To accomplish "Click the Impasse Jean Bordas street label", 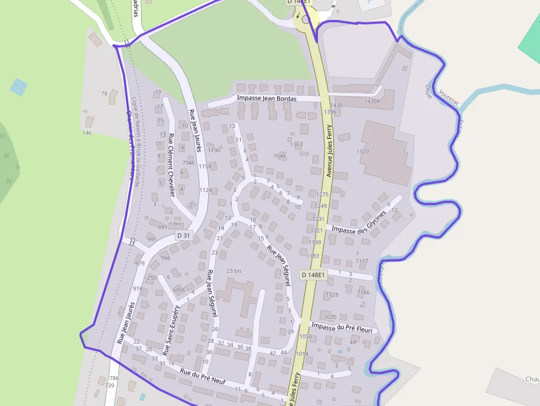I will (x=267, y=99).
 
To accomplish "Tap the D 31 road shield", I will (x=183, y=236).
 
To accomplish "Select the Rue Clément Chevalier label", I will (x=171, y=165).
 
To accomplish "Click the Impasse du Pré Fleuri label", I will (x=342, y=328).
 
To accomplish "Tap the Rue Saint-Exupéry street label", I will (x=171, y=330).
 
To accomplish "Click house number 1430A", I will (x=372, y=101).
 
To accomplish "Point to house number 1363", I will (x=296, y=145).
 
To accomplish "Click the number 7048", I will (x=279, y=156).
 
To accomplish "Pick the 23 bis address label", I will (x=234, y=271).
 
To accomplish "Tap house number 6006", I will (x=179, y=290).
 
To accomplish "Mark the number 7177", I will (x=362, y=261).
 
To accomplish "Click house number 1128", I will (x=332, y=295).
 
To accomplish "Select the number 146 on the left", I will (x=87, y=133).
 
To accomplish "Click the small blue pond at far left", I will (x=18, y=86).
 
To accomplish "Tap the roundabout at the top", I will (x=306, y=20).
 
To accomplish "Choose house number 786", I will (x=114, y=378).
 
